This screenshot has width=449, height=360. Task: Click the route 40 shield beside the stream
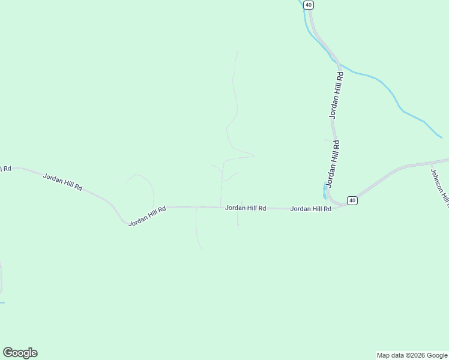[308, 5]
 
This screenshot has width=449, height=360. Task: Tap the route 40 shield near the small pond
[352, 200]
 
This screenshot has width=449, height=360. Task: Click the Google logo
[20, 353]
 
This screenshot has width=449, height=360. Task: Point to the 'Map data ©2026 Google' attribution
[412, 355]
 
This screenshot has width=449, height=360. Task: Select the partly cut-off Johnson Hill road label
[439, 187]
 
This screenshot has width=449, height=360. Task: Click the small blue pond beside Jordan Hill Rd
[325, 191]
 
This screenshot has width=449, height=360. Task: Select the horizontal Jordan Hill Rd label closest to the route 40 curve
[311, 209]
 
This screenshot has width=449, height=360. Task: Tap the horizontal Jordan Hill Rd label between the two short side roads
[246, 208]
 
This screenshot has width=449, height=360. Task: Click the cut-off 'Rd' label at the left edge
[5, 169]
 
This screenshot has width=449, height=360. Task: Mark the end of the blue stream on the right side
[441, 137]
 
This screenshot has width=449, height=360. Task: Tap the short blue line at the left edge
[2, 302]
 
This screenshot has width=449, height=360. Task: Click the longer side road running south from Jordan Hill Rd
[197, 231]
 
